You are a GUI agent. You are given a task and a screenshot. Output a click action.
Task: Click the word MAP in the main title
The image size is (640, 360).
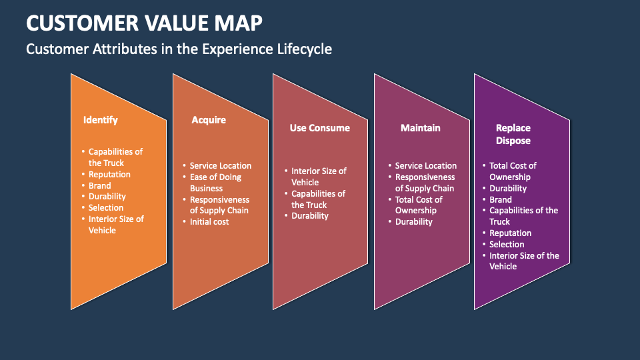(237, 23)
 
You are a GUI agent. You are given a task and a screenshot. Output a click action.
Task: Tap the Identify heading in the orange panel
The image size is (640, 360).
(100, 120)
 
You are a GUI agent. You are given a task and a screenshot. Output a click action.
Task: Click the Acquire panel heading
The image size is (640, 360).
(209, 120)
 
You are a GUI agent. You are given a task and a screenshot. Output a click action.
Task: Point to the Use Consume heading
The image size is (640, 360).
(319, 128)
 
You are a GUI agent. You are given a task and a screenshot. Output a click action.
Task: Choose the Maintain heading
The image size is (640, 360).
(420, 128)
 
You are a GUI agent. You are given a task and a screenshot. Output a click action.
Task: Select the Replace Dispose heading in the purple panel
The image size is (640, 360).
(513, 134)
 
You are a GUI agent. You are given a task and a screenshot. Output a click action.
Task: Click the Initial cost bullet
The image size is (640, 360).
(209, 221)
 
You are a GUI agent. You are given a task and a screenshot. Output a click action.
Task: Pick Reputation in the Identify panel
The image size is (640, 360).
(109, 174)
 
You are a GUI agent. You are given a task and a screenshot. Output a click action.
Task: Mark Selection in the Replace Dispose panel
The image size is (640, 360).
(507, 244)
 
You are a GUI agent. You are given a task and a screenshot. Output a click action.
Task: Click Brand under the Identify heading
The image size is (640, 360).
(100, 185)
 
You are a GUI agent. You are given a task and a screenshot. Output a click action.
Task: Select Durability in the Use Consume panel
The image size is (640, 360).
(310, 216)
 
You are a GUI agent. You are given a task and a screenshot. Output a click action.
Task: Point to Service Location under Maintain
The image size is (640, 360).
(425, 165)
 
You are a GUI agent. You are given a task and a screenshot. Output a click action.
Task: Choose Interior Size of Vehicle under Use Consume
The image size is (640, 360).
(318, 177)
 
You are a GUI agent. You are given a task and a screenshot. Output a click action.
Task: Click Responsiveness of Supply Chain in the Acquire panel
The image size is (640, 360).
(219, 205)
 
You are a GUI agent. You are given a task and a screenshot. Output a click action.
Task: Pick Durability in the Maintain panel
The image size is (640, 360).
(413, 221)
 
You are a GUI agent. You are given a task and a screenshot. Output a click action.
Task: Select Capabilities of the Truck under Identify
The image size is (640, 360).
(115, 157)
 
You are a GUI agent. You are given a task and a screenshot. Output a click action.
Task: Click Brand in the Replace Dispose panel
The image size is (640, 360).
(501, 199)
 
